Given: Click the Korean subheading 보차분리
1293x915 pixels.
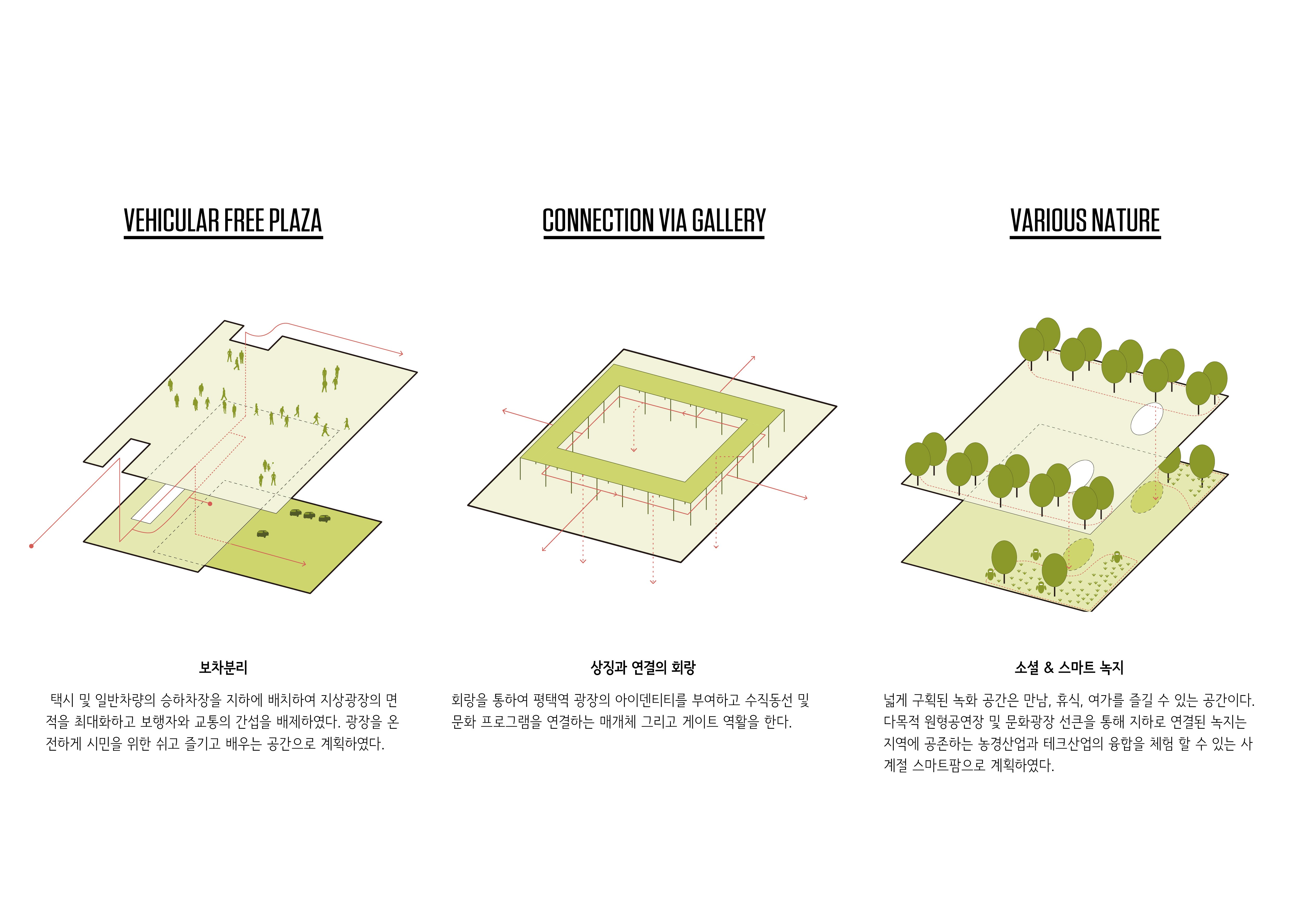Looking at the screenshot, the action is (x=223, y=668).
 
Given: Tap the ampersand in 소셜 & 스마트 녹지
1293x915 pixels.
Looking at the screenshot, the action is (x=1049, y=668).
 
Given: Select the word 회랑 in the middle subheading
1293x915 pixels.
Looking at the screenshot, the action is (x=684, y=668).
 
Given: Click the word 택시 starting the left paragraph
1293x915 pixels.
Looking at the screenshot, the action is (x=63, y=700).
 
